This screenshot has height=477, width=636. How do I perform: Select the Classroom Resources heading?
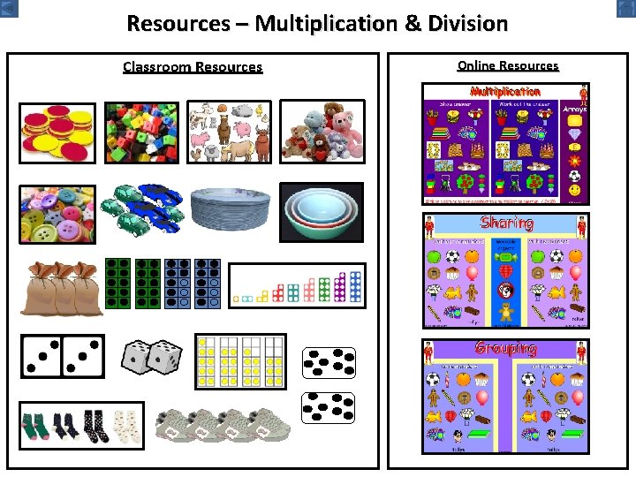(x=193, y=67)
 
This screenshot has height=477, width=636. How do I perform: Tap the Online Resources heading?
(x=508, y=65)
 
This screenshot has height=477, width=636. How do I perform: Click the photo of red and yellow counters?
(x=57, y=133)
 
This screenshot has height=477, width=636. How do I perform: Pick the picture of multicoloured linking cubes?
(x=140, y=133)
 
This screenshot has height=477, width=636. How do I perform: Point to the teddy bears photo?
(x=322, y=132)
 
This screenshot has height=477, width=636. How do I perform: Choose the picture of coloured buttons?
(x=57, y=215)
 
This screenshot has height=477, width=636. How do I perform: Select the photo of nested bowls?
(x=322, y=213)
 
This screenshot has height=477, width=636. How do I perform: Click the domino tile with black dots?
(x=62, y=356)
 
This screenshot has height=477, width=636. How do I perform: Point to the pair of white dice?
(x=151, y=359)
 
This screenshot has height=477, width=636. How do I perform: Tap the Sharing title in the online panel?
(x=506, y=223)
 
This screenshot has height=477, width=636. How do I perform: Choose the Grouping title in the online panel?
(x=506, y=348)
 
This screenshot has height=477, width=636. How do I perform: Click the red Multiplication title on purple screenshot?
(x=505, y=92)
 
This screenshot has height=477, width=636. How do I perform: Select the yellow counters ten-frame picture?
(x=240, y=361)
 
